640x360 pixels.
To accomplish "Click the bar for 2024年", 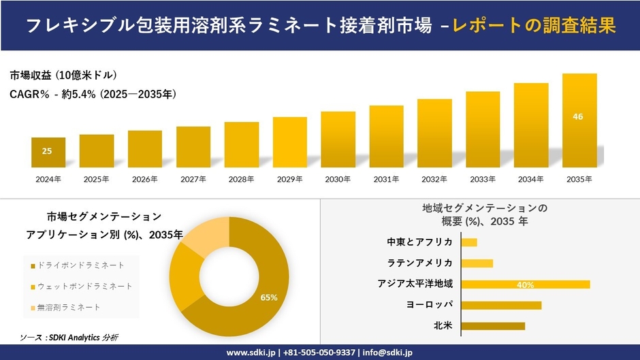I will click(x=48, y=152).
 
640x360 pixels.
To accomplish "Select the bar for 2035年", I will click(x=579, y=120).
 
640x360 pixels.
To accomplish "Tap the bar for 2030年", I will click(x=338, y=140).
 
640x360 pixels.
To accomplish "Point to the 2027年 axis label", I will click(x=193, y=180).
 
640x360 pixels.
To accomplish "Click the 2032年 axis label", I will click(x=434, y=180).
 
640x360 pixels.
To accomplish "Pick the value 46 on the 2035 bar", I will click(x=578, y=116).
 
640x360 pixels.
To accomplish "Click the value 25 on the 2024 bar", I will click(x=47, y=150).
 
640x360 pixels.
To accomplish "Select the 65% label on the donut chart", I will click(x=269, y=297).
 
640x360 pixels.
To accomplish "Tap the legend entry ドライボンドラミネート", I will click(x=81, y=265).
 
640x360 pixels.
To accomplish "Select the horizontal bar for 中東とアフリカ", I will click(x=469, y=242).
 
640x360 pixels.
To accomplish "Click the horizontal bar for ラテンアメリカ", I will click(x=477, y=263).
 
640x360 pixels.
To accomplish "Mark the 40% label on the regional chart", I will click(x=525, y=284).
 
